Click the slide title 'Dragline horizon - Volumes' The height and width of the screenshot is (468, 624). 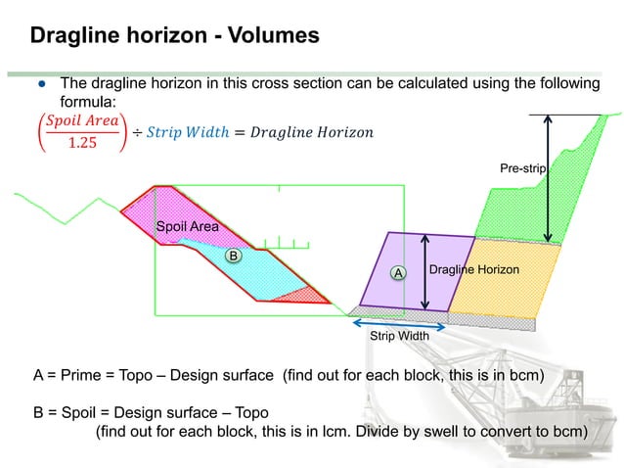(x=174, y=37)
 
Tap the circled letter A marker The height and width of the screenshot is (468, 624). (x=397, y=273)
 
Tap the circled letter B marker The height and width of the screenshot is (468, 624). (x=233, y=255)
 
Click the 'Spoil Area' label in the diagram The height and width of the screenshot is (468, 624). (x=188, y=227)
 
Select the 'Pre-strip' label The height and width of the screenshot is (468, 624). (x=522, y=169)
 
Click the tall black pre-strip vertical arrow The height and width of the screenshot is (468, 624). (x=550, y=176)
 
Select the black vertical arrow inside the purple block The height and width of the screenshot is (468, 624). (x=423, y=272)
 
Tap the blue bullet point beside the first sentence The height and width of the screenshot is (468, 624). (x=42, y=84)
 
